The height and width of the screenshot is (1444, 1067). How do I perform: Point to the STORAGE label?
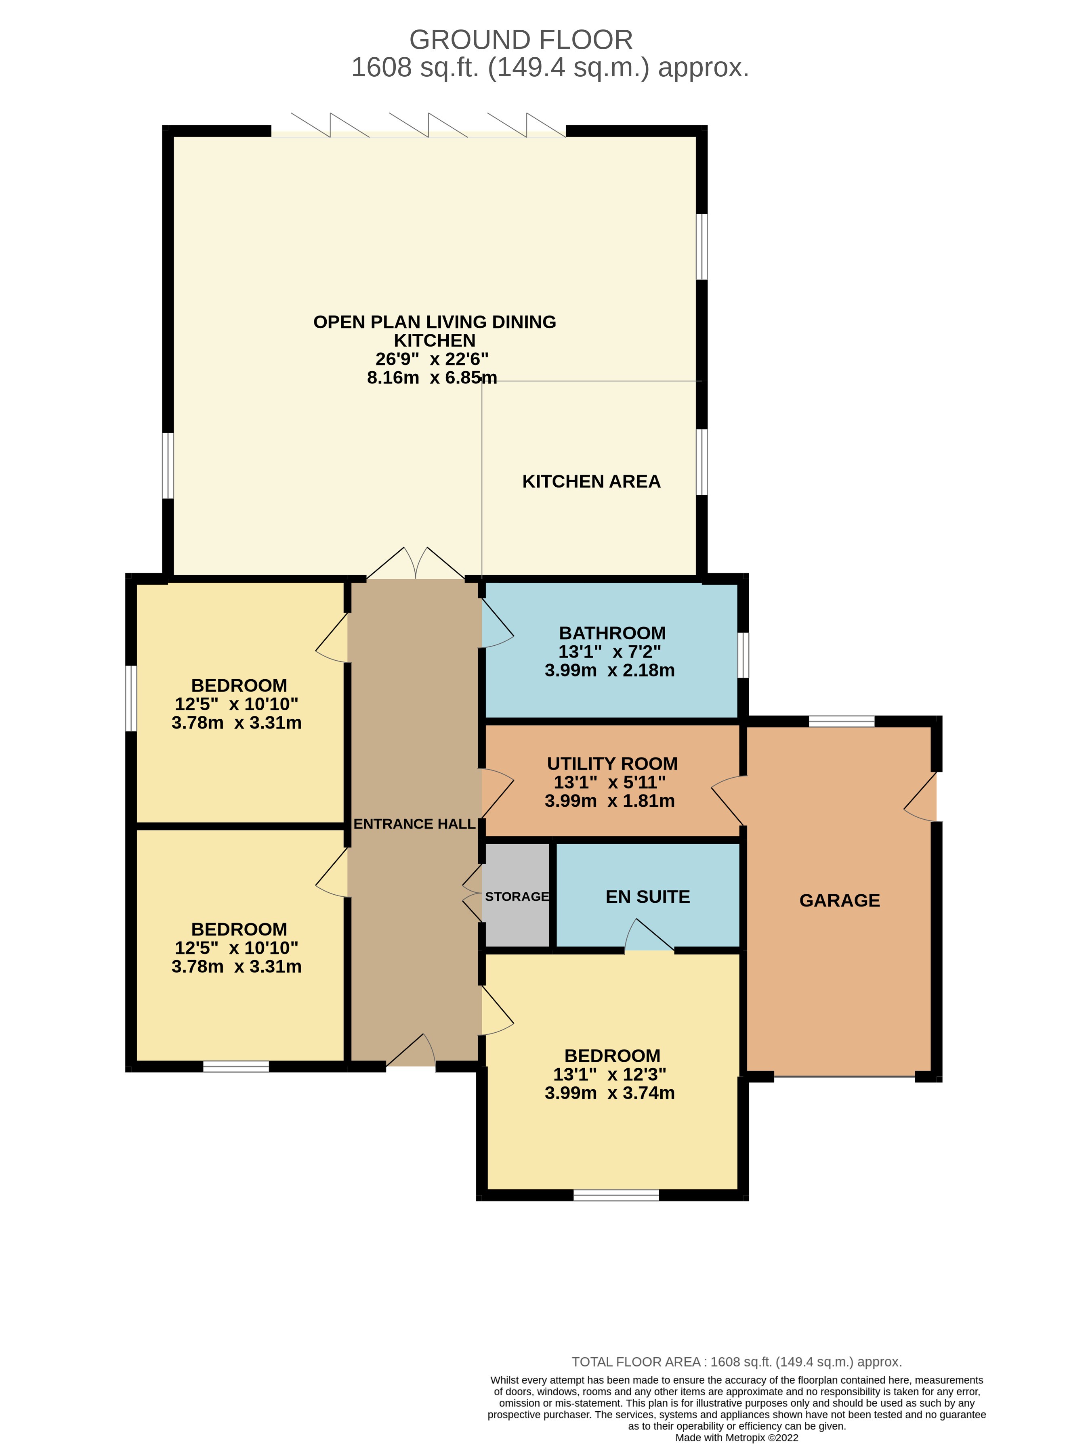[x=517, y=897]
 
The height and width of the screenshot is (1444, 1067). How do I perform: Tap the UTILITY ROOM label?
[x=612, y=764]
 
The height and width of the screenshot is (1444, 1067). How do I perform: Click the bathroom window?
[x=744, y=655]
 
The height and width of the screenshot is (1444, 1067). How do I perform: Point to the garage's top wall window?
[x=842, y=721]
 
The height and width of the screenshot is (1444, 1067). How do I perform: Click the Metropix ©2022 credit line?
[x=736, y=1438]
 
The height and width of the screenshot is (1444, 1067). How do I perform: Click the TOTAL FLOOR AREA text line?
[x=736, y=1362]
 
